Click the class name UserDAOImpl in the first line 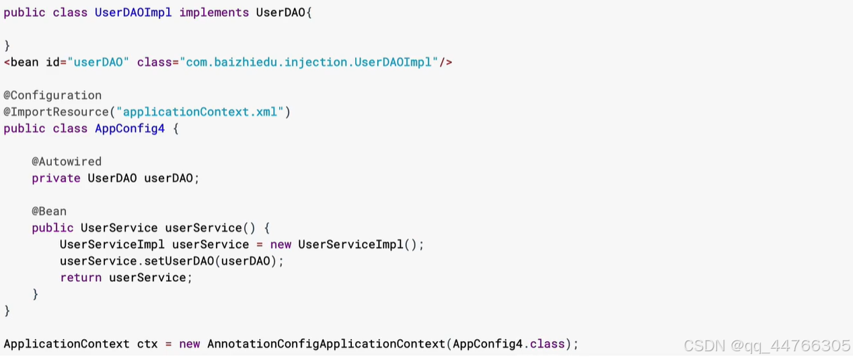[x=133, y=13]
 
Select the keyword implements [x=214, y=13]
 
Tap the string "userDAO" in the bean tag [x=98, y=63]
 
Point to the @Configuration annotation [x=52, y=96]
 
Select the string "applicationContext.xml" [x=200, y=112]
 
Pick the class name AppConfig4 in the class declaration [x=130, y=129]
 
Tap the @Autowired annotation [x=67, y=161]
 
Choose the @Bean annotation [x=49, y=211]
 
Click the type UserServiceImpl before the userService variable [x=112, y=244]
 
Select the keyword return [x=81, y=277]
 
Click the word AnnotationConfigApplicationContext [x=326, y=344]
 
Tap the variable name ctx [x=147, y=344]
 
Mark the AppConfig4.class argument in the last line [x=509, y=344]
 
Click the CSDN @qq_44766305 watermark [x=766, y=346]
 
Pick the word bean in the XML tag [x=25, y=63]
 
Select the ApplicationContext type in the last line [x=67, y=344]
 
